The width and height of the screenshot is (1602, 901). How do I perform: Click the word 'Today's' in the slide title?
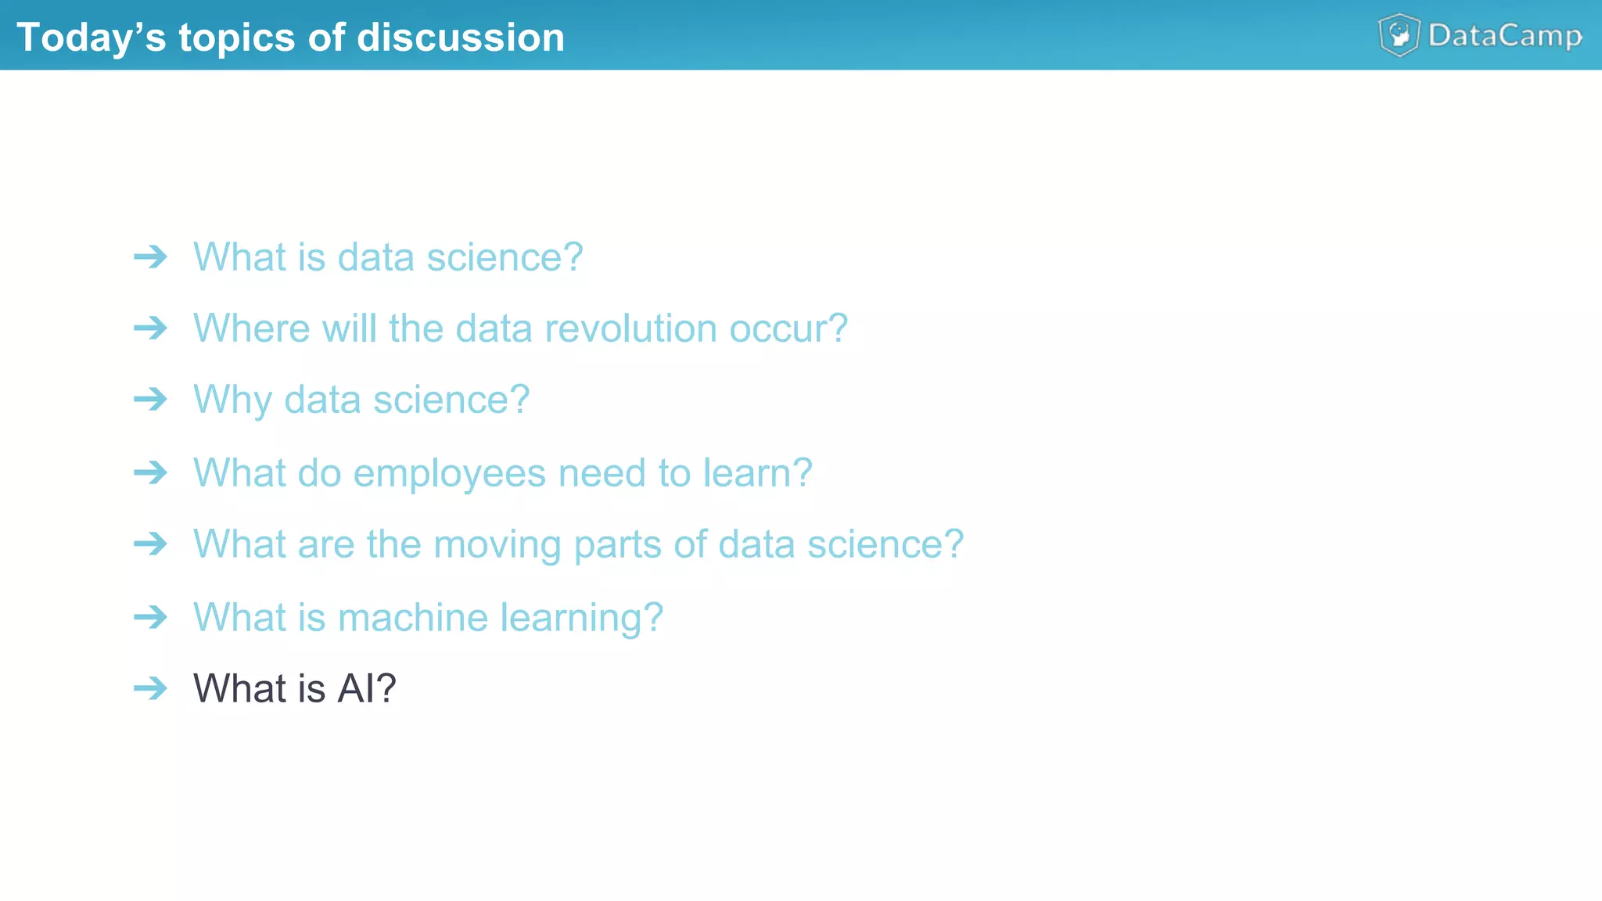pyautogui.click(x=91, y=38)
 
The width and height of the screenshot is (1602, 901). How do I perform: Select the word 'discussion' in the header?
pyautogui.click(x=461, y=38)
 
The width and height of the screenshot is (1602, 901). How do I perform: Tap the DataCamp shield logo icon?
pyautogui.click(x=1399, y=35)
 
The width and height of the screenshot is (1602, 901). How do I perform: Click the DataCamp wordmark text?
pyautogui.click(x=1505, y=36)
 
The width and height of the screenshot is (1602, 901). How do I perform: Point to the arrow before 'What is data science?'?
pyautogui.click(x=150, y=257)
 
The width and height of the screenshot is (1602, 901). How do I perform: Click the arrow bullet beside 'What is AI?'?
pyautogui.click(x=150, y=688)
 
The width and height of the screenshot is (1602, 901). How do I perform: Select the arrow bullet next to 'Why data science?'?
pyautogui.click(x=150, y=400)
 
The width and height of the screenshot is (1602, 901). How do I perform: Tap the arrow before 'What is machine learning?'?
pyautogui.click(x=150, y=617)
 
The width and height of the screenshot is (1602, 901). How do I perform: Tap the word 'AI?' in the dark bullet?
pyautogui.click(x=366, y=688)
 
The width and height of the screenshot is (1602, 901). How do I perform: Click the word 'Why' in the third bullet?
pyautogui.click(x=232, y=400)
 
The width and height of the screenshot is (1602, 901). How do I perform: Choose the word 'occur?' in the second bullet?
pyautogui.click(x=788, y=328)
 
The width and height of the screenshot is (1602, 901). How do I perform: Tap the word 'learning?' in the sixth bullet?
pyautogui.click(x=581, y=617)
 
